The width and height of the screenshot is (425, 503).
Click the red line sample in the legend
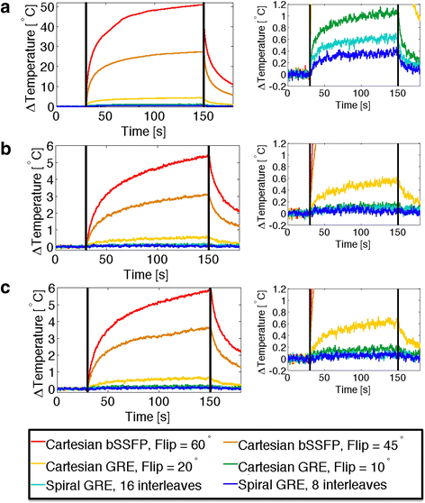[33, 444]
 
